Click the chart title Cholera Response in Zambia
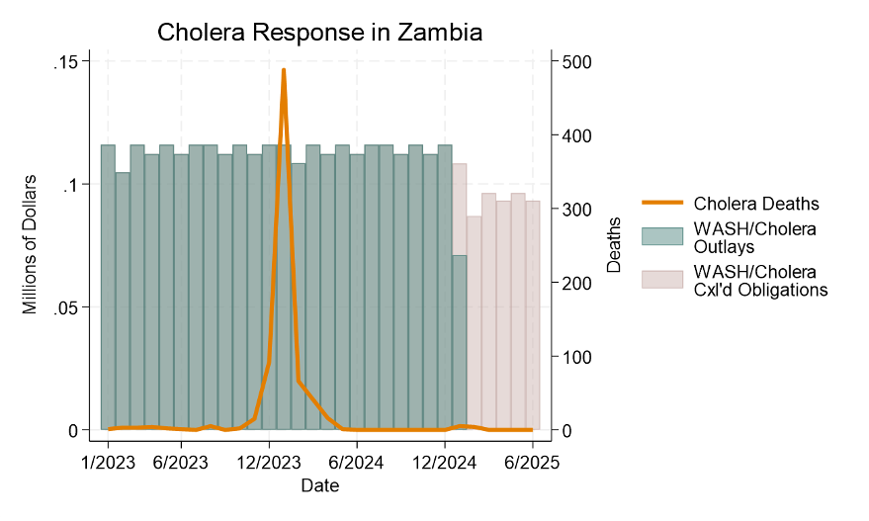tap(319, 33)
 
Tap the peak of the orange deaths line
tap(284, 71)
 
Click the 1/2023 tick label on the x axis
tap(108, 461)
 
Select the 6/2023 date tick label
tap(180, 461)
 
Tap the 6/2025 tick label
tap(532, 461)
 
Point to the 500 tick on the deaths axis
tap(577, 61)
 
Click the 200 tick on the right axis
tap(577, 283)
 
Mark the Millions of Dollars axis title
tap(30, 244)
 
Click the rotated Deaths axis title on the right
tap(614, 245)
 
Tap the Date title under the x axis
tap(319, 485)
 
